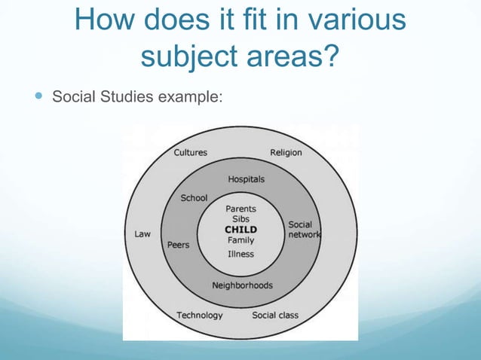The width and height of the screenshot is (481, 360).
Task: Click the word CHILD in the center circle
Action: point(240,230)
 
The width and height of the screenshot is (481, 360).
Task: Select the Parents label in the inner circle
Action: point(240,209)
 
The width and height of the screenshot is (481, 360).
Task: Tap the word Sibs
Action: point(240,219)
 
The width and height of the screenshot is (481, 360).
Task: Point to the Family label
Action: point(240,240)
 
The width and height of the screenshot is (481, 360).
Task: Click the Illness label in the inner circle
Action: point(240,254)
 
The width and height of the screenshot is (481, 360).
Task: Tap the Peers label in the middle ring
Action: point(179,245)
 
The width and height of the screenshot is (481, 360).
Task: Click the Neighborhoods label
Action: point(242,285)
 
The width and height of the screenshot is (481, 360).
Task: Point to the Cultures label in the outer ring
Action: point(191,152)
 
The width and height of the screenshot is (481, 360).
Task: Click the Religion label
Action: point(286,152)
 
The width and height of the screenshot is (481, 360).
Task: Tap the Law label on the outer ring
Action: point(142,233)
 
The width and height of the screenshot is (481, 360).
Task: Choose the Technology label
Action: point(200,315)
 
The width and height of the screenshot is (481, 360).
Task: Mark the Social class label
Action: point(275,315)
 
